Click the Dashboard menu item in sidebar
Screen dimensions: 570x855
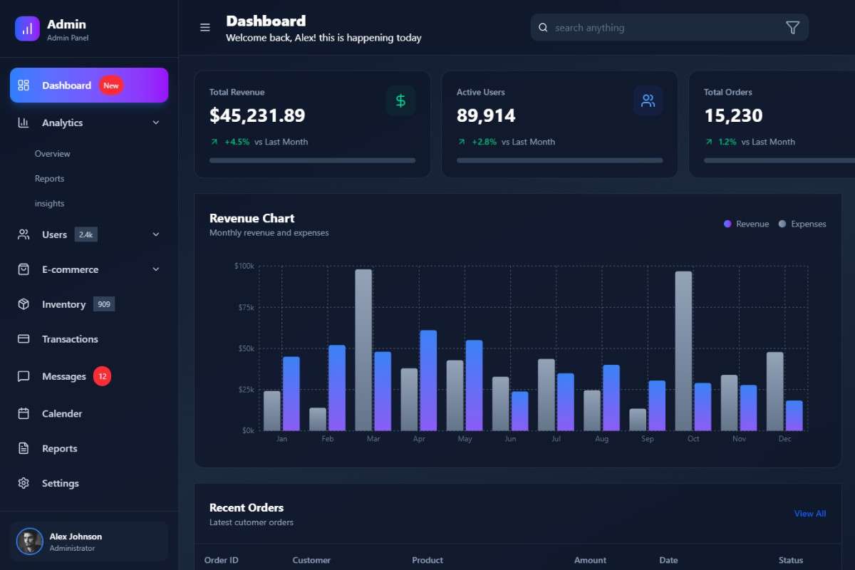(66, 85)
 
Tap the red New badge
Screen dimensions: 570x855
(111, 85)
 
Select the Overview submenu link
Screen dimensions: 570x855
(53, 154)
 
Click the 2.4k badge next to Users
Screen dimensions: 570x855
(85, 234)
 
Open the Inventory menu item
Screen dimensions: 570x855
(63, 304)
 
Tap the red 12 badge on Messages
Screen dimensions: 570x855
(102, 376)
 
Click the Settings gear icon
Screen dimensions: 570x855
(24, 483)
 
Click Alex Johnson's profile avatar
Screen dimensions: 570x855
(30, 541)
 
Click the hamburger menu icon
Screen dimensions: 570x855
(205, 28)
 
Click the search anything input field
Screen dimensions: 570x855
(663, 28)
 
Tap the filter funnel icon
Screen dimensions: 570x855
(792, 28)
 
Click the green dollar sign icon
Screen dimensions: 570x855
(400, 101)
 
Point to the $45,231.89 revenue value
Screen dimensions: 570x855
(257, 115)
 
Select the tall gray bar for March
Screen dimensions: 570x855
(363, 350)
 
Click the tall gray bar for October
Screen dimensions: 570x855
(683, 351)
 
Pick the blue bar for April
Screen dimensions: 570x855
(428, 380)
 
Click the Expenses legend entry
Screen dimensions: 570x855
(802, 224)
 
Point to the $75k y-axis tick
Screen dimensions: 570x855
(244, 307)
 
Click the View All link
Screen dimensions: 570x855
(809, 514)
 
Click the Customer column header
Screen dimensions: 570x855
(311, 560)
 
